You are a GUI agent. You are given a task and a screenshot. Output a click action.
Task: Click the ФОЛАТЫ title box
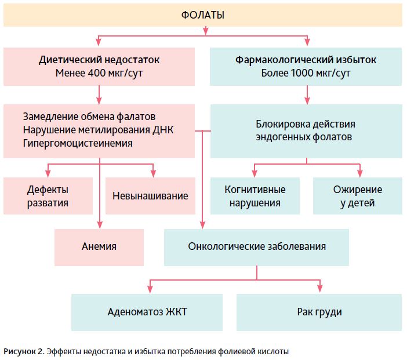(x=203, y=14)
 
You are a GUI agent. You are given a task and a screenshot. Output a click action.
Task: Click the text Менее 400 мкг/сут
(x=99, y=74)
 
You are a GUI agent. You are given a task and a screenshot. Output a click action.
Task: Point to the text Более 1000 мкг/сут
(x=306, y=74)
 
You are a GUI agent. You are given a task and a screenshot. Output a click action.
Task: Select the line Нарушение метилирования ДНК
(x=98, y=129)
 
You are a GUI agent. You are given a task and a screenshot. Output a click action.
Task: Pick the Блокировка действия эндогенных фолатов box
(x=306, y=131)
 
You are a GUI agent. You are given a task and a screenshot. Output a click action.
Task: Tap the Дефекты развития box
(x=48, y=196)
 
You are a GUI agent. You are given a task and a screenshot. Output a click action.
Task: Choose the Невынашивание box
(x=150, y=196)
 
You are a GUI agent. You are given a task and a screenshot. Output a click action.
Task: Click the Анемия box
(x=99, y=246)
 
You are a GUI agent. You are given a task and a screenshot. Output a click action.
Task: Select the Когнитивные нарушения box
(x=255, y=196)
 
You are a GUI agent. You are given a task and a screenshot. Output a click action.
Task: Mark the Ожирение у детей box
(x=357, y=196)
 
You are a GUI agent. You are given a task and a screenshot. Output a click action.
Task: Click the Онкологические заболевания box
(x=257, y=246)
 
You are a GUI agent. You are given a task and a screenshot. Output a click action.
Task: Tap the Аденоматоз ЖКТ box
(x=147, y=312)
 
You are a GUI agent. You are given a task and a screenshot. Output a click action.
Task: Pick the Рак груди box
(x=319, y=312)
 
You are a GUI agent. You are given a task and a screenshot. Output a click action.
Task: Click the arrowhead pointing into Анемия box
(x=100, y=226)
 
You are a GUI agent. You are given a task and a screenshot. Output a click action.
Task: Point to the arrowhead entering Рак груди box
(x=319, y=290)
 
